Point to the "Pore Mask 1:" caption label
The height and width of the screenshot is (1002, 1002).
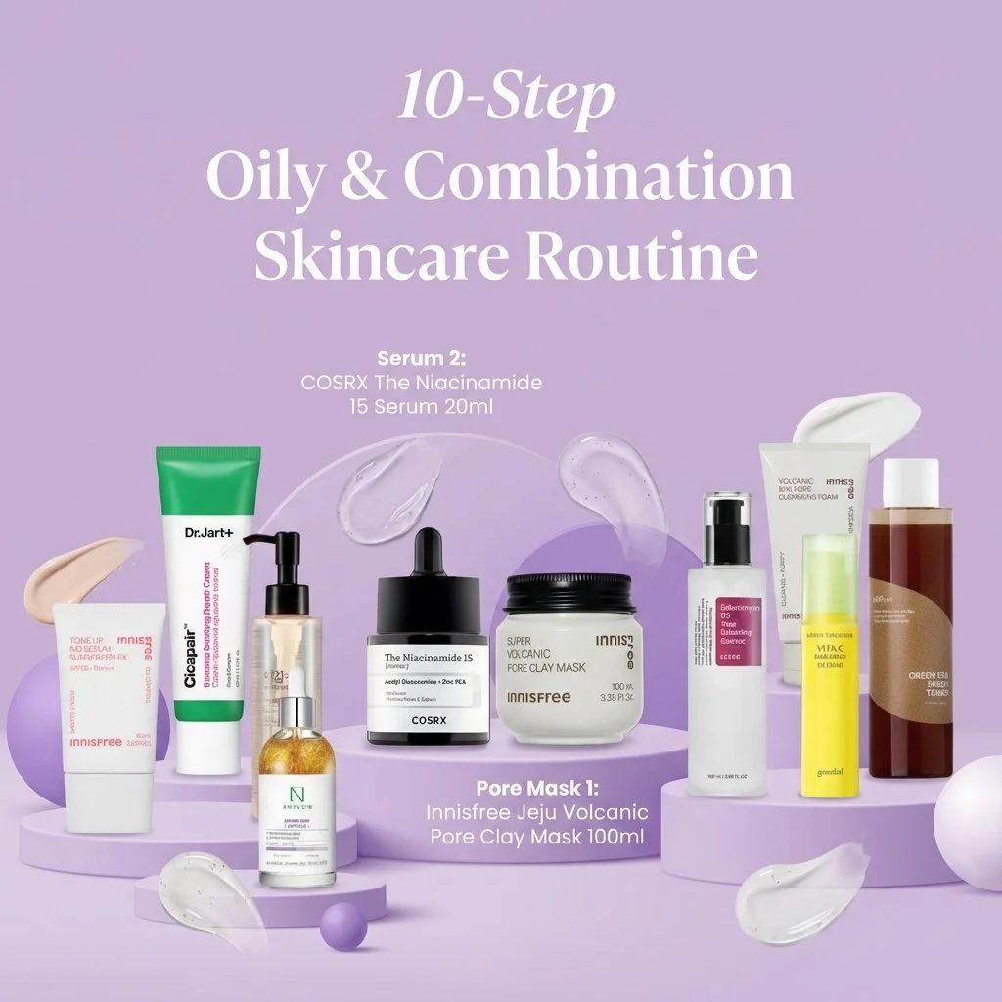point(536,788)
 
